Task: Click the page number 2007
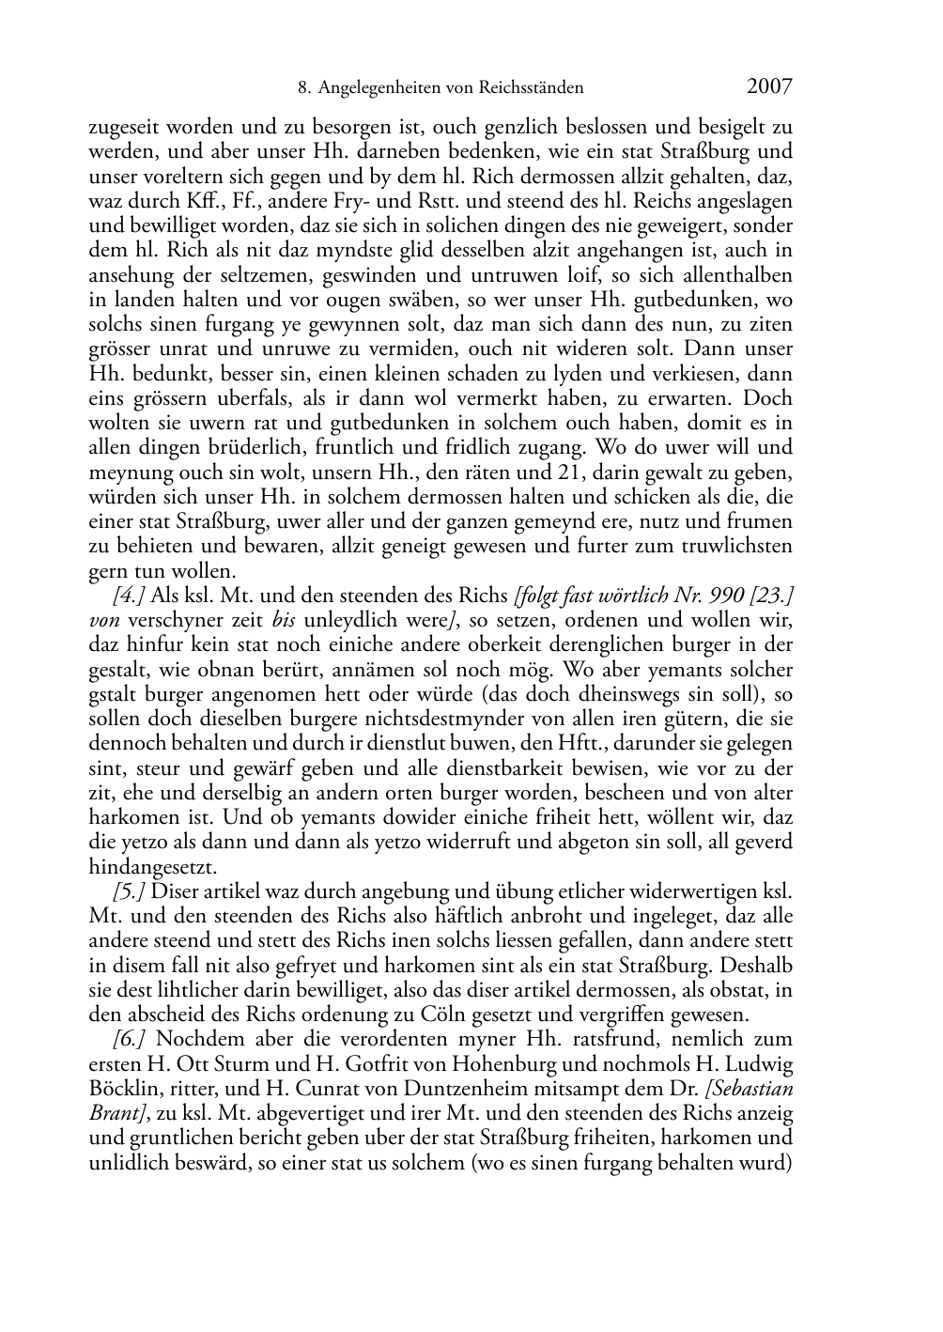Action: (x=769, y=87)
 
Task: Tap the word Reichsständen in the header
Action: (x=531, y=88)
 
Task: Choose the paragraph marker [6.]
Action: (x=130, y=1040)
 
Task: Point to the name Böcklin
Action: (x=122, y=1090)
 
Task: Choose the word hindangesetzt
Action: (x=152, y=866)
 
